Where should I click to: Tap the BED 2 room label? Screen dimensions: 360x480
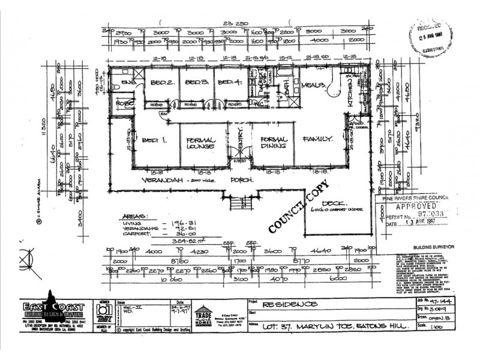coord(158,82)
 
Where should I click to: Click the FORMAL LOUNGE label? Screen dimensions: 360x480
coord(201,143)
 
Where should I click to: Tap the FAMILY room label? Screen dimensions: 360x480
coord(317,139)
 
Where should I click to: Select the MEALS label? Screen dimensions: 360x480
coord(313,85)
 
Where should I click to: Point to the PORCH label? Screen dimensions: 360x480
coord(245,180)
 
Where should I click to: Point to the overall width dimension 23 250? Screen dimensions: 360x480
coord(239,25)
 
